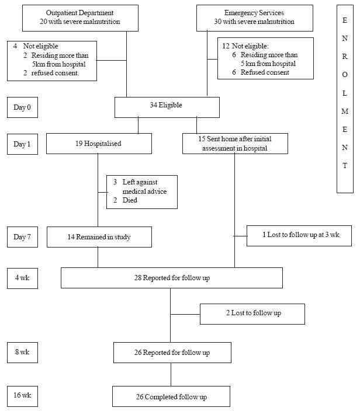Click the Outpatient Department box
[80, 18]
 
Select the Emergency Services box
[255, 18]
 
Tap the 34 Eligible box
[167, 107]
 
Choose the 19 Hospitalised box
[99, 144]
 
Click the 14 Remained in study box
[99, 237]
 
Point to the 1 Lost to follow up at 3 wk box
[299, 236]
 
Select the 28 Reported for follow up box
[172, 278]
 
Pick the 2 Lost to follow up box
[252, 314]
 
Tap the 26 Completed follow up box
[171, 396]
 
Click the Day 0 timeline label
[22, 107]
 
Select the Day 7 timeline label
[22, 237]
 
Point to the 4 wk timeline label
[22, 278]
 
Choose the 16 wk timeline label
[22, 396]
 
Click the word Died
[130, 200]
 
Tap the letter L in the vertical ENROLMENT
[345, 93]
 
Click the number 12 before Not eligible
[226, 46]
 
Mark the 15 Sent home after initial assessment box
[235, 144]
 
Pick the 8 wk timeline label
[22, 353]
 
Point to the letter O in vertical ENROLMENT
[345, 75]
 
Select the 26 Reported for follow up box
[172, 353]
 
